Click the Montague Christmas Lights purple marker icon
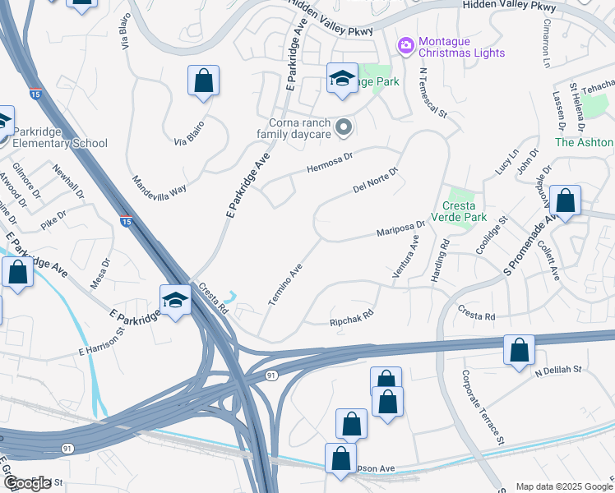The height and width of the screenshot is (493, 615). [405, 45]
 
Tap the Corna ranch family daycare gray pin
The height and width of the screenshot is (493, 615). [344, 127]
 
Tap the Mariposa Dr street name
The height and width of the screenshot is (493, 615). [401, 228]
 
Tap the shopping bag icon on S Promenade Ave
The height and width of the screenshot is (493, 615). [566, 200]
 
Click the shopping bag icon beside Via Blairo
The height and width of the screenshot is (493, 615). [203, 81]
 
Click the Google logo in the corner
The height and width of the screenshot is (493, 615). [27, 483]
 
